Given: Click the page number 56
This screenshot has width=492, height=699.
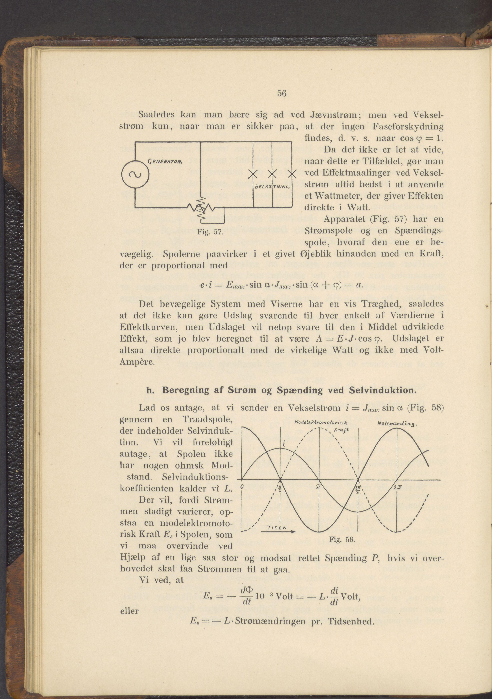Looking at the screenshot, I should coord(282,94).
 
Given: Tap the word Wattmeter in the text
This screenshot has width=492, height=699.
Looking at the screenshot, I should coord(335,196).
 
